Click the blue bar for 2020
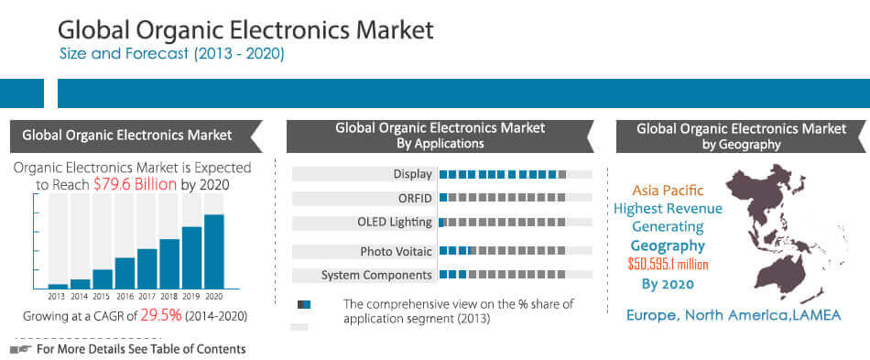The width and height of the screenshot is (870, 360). [213, 252]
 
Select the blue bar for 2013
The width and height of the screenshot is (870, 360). [58, 286]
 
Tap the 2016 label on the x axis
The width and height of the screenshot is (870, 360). [125, 297]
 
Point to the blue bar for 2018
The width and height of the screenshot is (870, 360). [169, 264]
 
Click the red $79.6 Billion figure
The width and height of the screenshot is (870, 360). [136, 184]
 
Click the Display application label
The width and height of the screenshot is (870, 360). [412, 174]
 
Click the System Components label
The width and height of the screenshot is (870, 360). [375, 275]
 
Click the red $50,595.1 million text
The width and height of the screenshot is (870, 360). [669, 265]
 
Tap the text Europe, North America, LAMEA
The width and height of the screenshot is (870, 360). [733, 315]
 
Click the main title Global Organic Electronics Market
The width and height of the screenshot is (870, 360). [245, 29]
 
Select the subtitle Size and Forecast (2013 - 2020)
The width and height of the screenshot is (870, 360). [171, 54]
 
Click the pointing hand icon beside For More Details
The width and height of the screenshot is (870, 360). [20, 349]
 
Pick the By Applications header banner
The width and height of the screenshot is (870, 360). [440, 136]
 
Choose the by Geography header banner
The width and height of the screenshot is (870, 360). [741, 136]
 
